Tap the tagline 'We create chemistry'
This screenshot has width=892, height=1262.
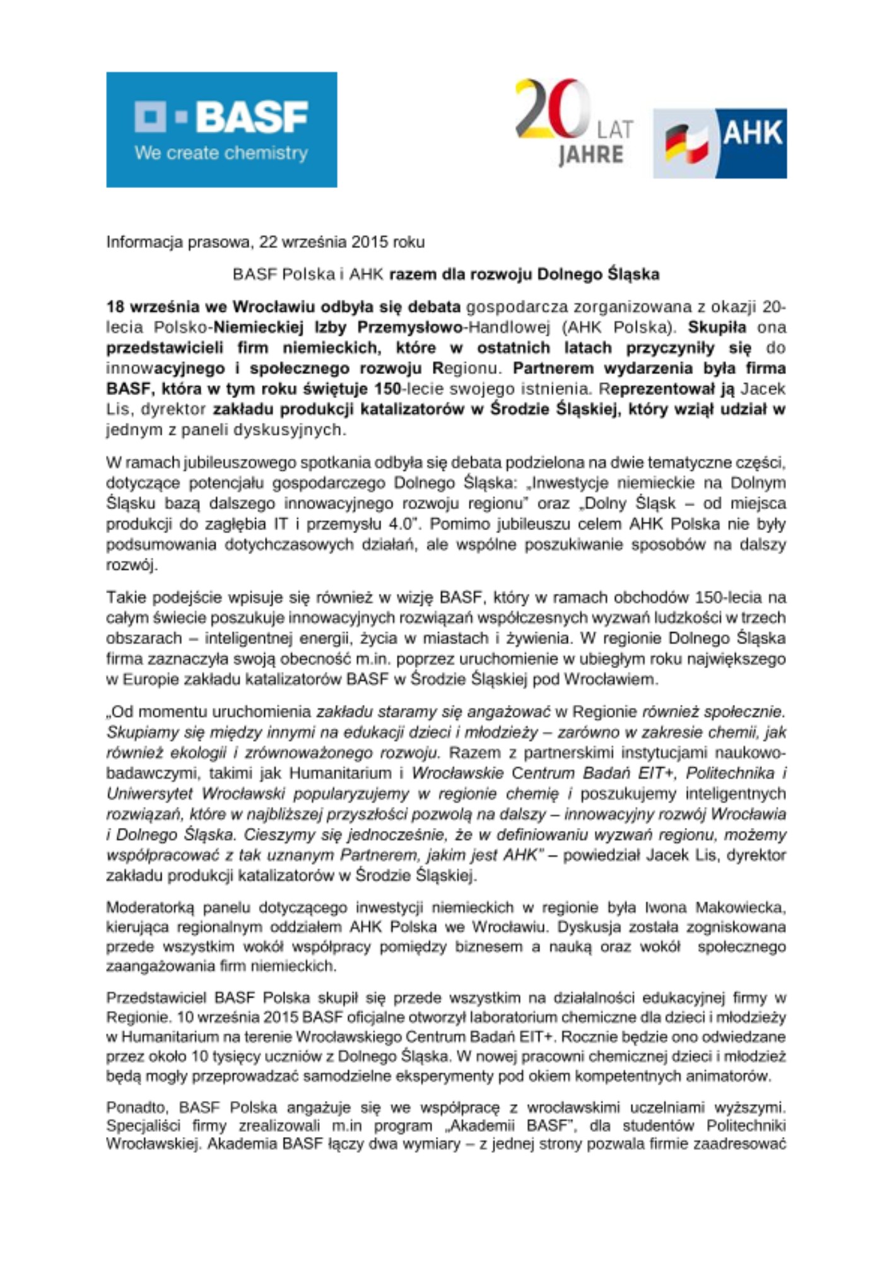click(x=221, y=153)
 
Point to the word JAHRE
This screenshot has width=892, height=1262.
click(x=590, y=155)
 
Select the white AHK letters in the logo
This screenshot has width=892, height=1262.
click(x=752, y=133)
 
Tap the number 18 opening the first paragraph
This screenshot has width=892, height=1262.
click(x=115, y=307)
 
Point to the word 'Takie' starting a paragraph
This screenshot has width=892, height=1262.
click(x=125, y=597)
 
